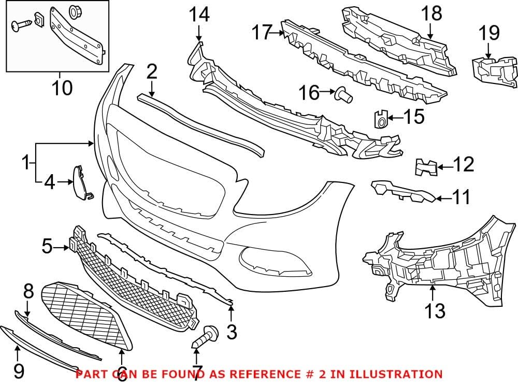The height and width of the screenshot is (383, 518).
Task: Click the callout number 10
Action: click(62, 88)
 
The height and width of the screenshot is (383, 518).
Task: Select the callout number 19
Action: click(488, 34)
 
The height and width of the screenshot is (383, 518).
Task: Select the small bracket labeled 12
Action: click(426, 167)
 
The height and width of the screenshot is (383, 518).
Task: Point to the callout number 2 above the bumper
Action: click(151, 72)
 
